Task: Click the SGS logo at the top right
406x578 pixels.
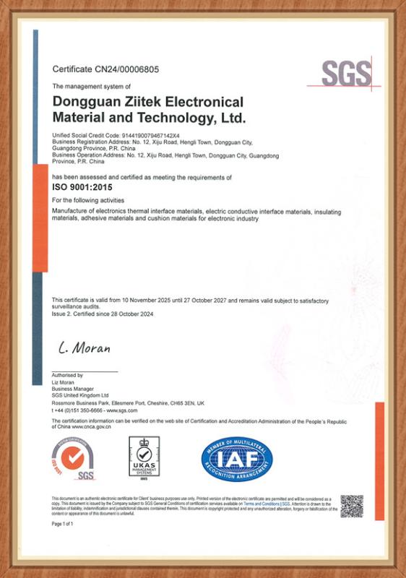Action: click(347, 73)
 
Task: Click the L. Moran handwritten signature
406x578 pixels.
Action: click(85, 349)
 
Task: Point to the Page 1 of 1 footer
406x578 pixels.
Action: click(63, 523)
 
